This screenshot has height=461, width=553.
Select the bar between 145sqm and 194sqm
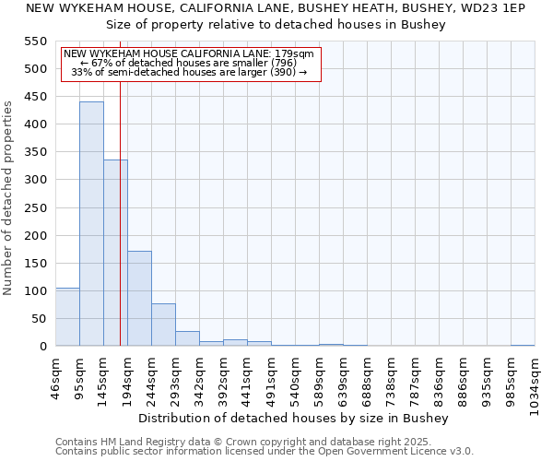115,253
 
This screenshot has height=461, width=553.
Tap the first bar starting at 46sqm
67,317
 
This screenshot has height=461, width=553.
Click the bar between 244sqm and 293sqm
163,325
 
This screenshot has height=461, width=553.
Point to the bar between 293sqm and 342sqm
187,338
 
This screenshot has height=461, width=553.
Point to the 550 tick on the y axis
35,41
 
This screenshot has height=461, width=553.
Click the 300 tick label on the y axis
35,180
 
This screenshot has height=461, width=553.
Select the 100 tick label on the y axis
35,291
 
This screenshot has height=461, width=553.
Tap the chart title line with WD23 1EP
276,8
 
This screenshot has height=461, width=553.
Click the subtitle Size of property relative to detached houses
276,25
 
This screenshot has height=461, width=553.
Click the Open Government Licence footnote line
265,451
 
